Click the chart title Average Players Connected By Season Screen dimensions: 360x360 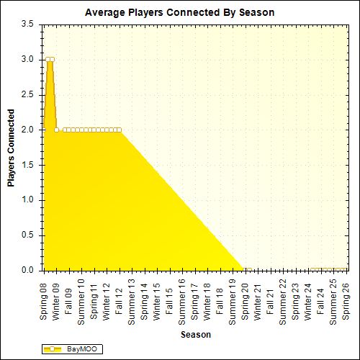[x=179, y=12]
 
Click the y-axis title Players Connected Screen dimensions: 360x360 [x=11, y=148]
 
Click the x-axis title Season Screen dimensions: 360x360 [x=196, y=335]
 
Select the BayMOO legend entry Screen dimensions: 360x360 [x=73, y=349]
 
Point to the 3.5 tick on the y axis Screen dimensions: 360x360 [x=27, y=24]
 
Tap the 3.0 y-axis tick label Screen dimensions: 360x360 [x=27, y=59]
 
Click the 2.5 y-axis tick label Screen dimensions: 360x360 [x=27, y=94]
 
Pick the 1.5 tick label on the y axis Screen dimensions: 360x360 [x=27, y=165]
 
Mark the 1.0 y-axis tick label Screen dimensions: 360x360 [x=27, y=200]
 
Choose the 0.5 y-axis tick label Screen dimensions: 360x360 [x=27, y=235]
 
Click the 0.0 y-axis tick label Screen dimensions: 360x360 [x=27, y=271]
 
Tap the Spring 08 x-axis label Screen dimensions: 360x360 [x=45, y=302]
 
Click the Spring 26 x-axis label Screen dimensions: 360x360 [x=346, y=302]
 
